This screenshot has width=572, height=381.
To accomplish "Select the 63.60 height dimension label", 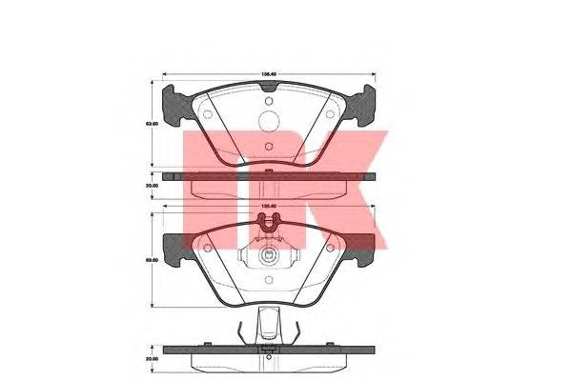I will (x=151, y=123).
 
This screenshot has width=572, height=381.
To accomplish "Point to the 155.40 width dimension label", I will (x=270, y=205).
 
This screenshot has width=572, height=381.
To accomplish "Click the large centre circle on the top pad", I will (x=270, y=121).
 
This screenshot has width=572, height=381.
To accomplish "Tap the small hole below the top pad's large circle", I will (x=269, y=147).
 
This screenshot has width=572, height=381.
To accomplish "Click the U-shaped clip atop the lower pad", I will (x=270, y=225).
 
